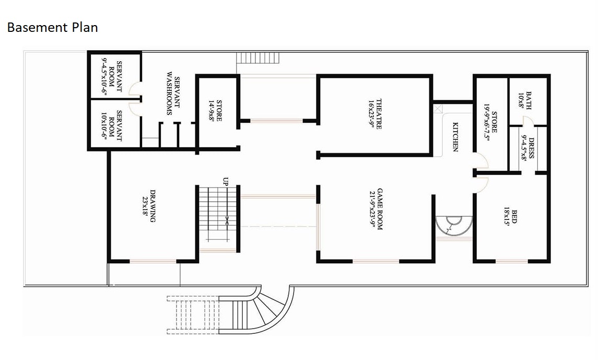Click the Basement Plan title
[53, 28]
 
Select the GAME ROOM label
[380, 209]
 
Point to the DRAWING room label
[153, 206]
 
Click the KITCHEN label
[455, 137]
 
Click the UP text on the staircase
[226, 181]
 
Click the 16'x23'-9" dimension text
[371, 114]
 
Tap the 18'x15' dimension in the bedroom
[507, 217]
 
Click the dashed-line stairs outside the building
[193, 315]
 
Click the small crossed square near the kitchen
[438, 109]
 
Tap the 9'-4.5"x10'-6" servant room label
[104, 76]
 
